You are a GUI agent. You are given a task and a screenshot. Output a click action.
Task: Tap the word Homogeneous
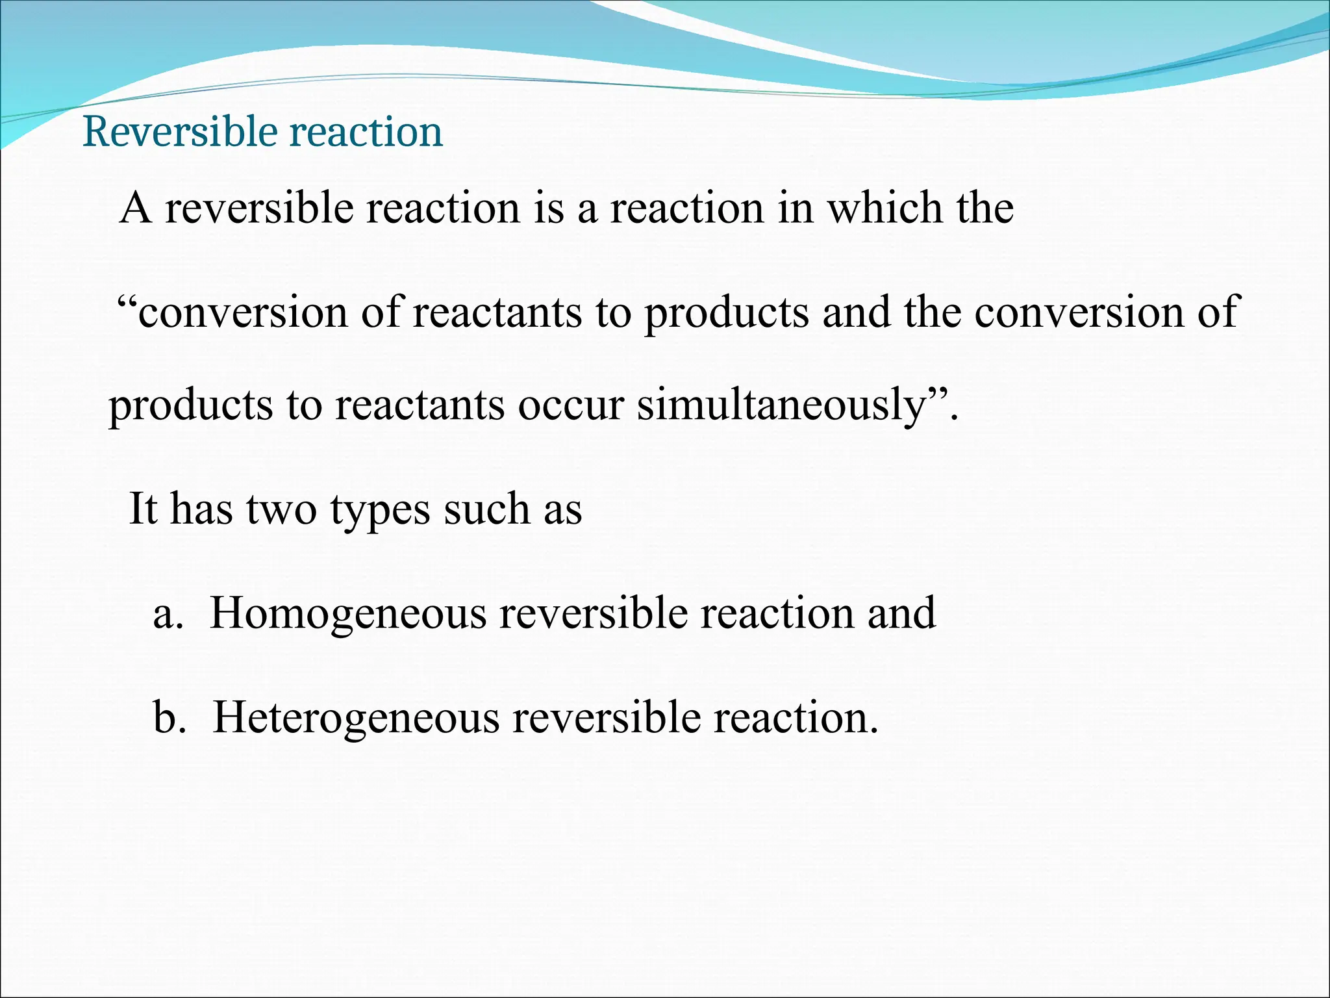coord(348,613)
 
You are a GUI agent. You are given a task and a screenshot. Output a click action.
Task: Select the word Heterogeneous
coord(356,718)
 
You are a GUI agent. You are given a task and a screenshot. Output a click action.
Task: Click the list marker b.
coord(166,718)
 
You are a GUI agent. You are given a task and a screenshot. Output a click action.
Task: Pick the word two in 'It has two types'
coord(281,509)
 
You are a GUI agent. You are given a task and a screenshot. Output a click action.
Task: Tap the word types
coord(380,510)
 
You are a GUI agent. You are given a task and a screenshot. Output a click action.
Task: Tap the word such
coord(486,509)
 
